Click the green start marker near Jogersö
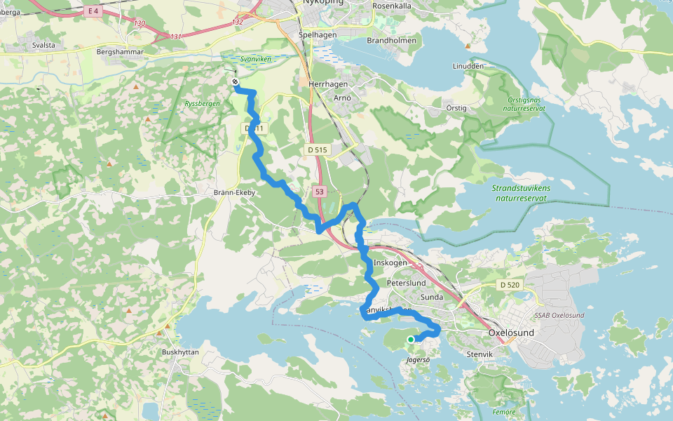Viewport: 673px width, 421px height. tap(411, 340)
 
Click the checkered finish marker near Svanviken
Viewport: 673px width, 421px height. tap(235, 82)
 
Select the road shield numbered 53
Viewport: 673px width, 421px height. tap(319, 192)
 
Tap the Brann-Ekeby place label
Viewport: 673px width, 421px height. tap(234, 192)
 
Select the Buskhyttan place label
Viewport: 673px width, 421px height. tap(181, 352)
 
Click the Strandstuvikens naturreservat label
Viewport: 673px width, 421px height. tap(521, 193)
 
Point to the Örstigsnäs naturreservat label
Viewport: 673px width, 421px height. tap(526, 104)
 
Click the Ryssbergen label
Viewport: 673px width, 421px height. tap(202, 104)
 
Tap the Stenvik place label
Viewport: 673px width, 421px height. tap(480, 355)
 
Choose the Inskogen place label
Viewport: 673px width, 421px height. tap(390, 262)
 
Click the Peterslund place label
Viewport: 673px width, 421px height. tap(406, 282)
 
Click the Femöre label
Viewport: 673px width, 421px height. tap(504, 412)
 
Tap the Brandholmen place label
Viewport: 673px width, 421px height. tap(391, 41)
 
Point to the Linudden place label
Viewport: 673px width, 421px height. tap(468, 66)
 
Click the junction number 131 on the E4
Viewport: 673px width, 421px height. tap(175, 36)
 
